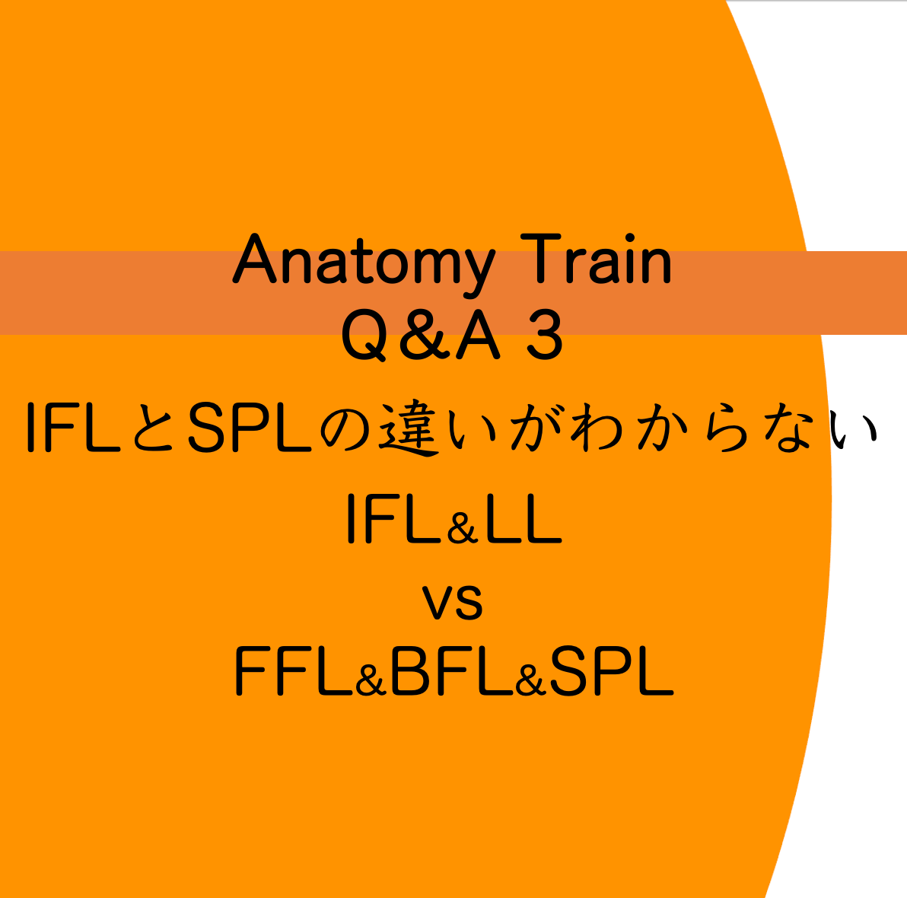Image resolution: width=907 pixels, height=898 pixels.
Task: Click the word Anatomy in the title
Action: pos(364,264)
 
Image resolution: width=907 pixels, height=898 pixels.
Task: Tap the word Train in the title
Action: pos(596,258)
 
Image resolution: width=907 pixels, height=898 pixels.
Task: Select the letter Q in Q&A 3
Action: pos(364,335)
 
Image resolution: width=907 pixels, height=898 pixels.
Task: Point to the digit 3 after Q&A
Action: pos(544,334)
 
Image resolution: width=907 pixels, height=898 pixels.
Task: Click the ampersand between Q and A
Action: pos(425,334)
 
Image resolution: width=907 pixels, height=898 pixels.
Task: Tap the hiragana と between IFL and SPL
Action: pos(153,428)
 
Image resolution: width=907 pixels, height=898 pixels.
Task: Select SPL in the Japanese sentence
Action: pos(250,428)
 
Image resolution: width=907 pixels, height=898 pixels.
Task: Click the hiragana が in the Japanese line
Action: pos(536,428)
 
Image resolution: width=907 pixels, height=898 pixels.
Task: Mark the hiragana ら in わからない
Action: pos(727,428)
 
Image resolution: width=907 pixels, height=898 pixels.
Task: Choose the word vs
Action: pos(452,602)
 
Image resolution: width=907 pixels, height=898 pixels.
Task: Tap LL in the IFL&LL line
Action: pos(524,518)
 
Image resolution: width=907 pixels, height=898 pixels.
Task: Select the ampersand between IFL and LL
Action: pos(462,527)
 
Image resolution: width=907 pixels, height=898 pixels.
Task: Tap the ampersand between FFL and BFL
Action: pos(371,680)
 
